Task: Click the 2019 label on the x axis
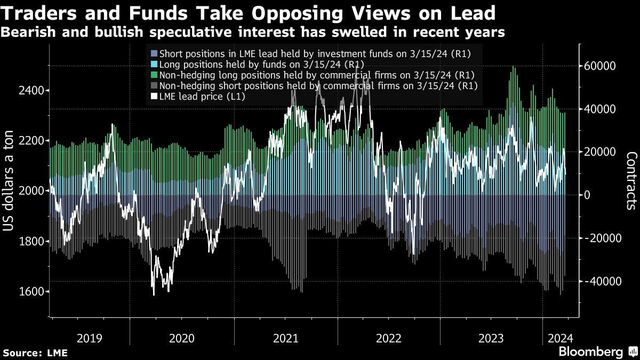point(90,338)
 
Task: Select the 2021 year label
point(285,338)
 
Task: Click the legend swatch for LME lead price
point(155,97)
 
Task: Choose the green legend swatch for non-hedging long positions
point(155,75)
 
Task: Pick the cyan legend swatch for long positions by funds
point(155,64)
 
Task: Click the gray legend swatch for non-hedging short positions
point(155,85)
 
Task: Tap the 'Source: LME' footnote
point(35,353)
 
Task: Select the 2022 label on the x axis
point(389,338)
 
